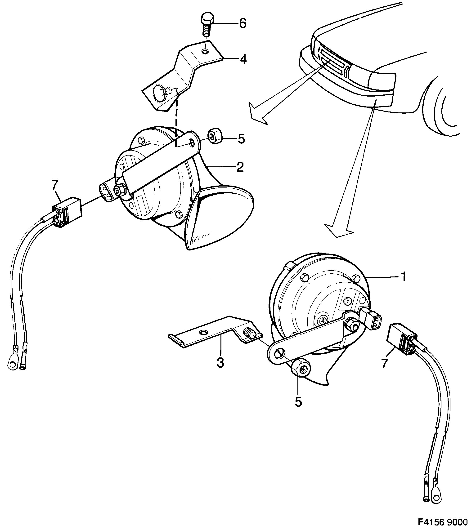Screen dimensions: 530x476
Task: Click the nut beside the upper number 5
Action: pos(215,136)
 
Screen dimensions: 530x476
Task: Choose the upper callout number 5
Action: pos(241,139)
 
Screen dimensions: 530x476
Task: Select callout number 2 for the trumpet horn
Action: pos(240,167)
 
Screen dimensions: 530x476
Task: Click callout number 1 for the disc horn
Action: pos(403,277)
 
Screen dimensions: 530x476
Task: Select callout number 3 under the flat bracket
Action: pos(220,363)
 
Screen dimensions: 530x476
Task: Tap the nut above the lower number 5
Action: pos(301,370)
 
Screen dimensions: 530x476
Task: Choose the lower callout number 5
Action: pos(298,402)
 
